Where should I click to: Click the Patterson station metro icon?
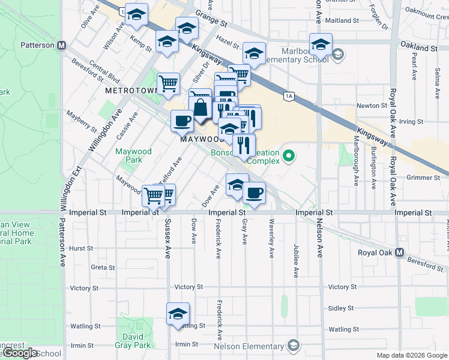coord(61,46)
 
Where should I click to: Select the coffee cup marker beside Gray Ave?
coord(255,193)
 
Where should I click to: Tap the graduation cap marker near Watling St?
coord(178,314)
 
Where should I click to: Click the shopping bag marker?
coord(201,109)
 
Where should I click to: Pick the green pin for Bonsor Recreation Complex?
coord(289,157)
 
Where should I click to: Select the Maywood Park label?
coord(133,156)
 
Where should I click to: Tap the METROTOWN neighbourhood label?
coord(130,91)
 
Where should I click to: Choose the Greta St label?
coord(98,268)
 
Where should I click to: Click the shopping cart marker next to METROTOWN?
coord(169,83)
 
